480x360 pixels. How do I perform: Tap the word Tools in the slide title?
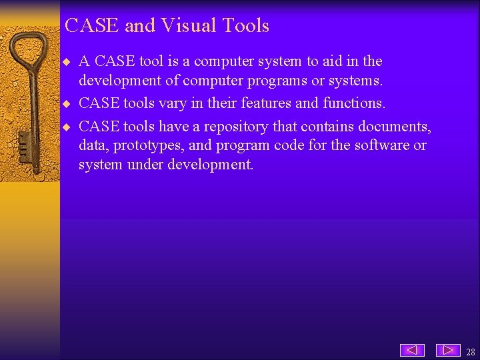coord(246,25)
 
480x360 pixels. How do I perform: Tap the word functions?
coord(354,103)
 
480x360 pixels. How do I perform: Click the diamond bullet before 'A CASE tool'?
coord(66,62)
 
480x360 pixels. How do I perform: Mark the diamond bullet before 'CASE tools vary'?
coord(66,104)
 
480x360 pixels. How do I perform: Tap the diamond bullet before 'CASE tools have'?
coord(66,127)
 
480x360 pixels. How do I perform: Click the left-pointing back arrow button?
coord(412,350)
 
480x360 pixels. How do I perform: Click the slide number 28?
coord(471,351)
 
